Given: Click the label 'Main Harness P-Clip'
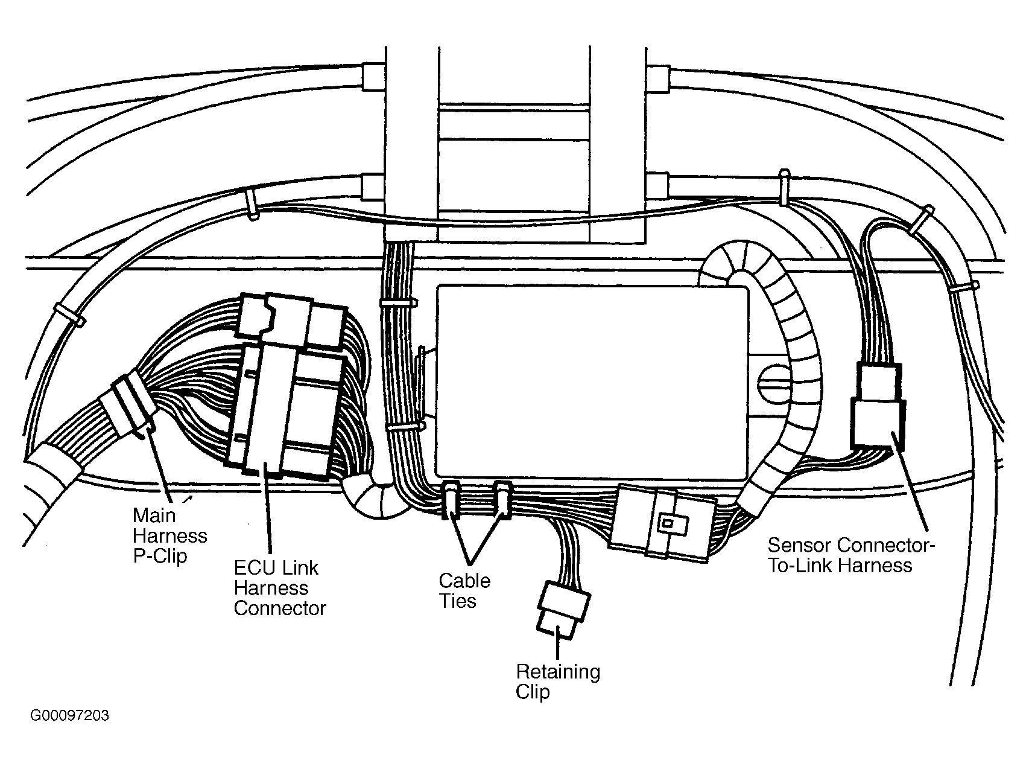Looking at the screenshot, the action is click(169, 535).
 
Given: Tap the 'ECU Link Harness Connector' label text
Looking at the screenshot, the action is click(279, 588).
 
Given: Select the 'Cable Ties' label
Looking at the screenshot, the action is click(464, 591).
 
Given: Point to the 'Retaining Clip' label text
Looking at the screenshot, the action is click(558, 681).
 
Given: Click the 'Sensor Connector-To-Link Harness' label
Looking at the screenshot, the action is click(851, 555).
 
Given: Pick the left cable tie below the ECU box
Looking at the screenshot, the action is click(451, 500).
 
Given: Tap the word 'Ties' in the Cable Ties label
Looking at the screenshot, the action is click(459, 601).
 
